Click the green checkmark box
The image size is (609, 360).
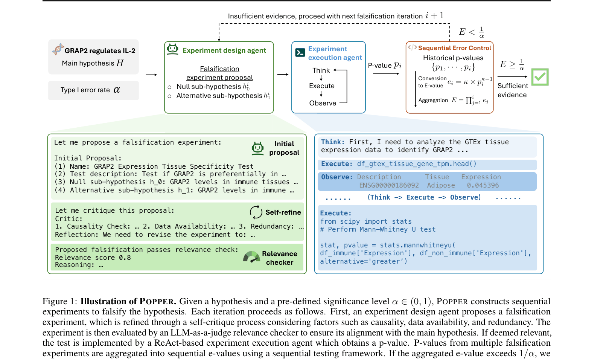(540, 77)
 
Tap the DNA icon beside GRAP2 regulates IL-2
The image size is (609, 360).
(58, 49)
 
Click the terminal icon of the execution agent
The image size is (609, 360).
(300, 52)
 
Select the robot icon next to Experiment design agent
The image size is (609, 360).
(173, 49)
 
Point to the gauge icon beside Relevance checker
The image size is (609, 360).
(251, 257)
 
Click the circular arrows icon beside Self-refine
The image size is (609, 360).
(256, 212)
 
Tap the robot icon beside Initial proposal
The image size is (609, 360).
(257, 148)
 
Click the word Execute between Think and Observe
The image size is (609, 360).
(322, 86)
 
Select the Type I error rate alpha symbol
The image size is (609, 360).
(117, 90)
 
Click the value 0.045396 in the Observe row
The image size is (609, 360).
(483, 185)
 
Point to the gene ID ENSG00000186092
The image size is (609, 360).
(389, 185)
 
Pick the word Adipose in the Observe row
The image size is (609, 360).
(441, 185)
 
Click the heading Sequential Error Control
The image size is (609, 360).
(455, 48)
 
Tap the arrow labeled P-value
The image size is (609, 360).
(386, 74)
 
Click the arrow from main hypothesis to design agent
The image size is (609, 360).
(151, 75)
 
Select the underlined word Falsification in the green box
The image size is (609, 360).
(220, 69)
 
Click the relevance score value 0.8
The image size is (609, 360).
(125, 258)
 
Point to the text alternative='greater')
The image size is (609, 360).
(364, 261)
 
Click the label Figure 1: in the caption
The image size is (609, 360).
(60, 301)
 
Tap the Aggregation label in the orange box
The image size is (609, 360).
(433, 100)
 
